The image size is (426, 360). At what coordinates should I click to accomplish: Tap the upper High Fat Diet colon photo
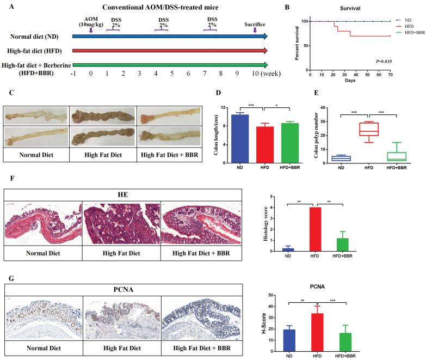pos(103,115)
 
